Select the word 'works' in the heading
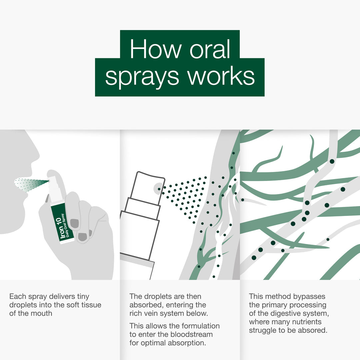click(221, 76)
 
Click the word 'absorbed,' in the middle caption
click(144, 305)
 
